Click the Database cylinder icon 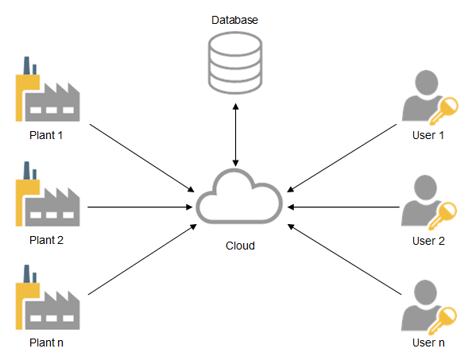[x=235, y=63]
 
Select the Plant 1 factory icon [x=48, y=89]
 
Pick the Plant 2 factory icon [x=48, y=194]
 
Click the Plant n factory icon [x=48, y=297]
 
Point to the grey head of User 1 [x=427, y=83]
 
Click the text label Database [x=234, y=20]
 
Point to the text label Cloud [x=240, y=246]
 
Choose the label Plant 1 [x=46, y=135]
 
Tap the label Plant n [x=46, y=343]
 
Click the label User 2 [x=428, y=241]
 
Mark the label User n [x=428, y=343]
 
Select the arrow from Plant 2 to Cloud [x=140, y=207]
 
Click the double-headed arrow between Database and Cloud [x=235, y=135]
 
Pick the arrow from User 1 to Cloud [x=342, y=158]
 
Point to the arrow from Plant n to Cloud [x=142, y=259]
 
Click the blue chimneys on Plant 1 [x=30, y=65]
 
